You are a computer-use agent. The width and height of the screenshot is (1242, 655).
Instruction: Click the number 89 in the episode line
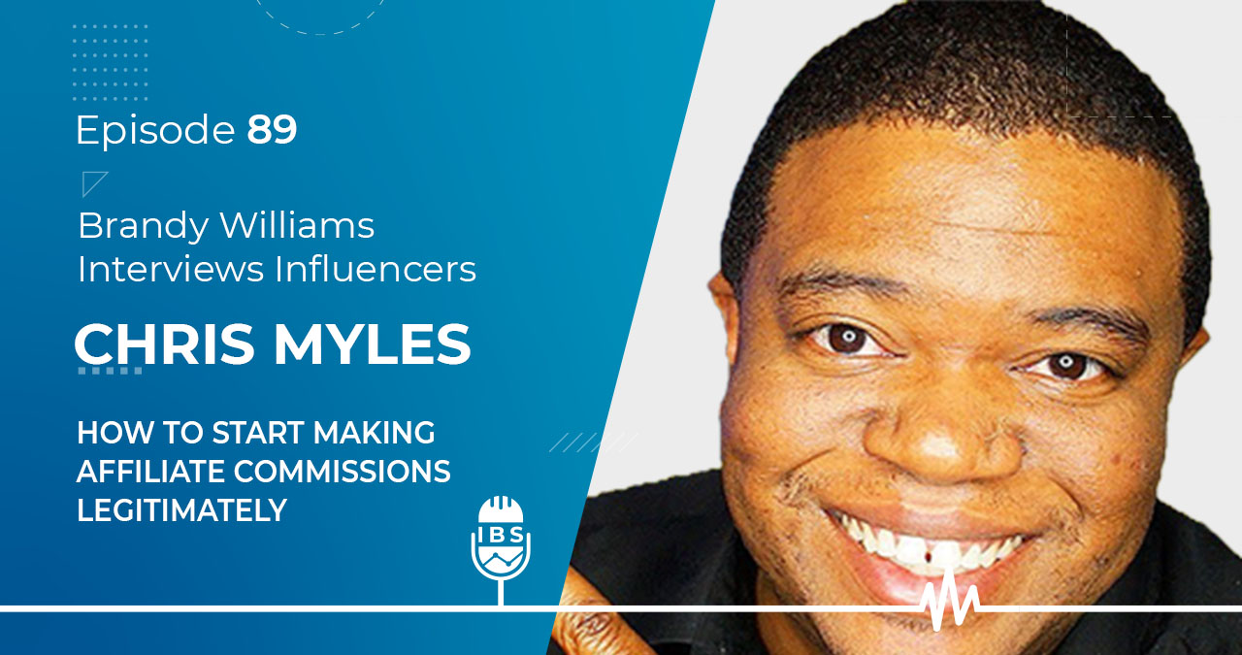[272, 130]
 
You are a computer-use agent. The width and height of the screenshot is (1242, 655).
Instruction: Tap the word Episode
[156, 131]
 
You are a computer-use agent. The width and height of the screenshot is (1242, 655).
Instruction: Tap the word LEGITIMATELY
[182, 510]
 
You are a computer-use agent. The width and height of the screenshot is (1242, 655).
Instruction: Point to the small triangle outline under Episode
[94, 183]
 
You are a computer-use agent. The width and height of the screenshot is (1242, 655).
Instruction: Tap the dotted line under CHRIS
[111, 371]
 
